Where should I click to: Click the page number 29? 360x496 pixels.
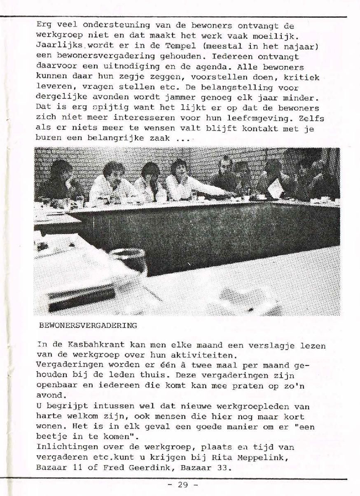(182, 485)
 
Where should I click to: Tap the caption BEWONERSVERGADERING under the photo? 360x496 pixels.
(88, 325)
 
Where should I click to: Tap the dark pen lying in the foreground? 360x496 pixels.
(82, 298)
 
